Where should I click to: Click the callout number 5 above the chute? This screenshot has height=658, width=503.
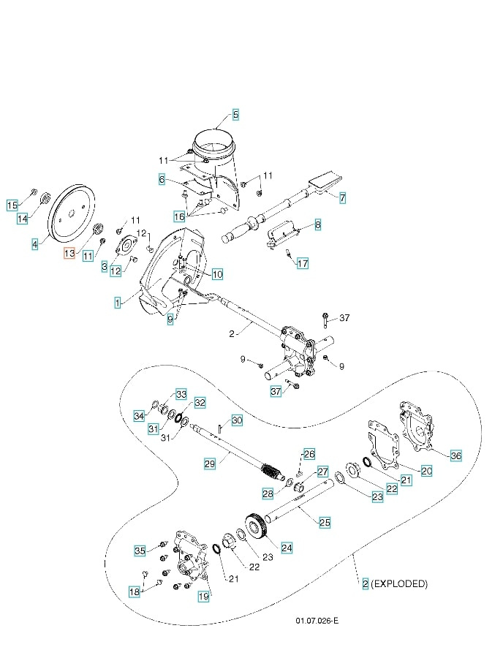pyautogui.click(x=235, y=115)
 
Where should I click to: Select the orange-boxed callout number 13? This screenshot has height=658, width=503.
pyautogui.click(x=69, y=253)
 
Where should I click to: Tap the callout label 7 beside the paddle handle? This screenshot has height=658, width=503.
pyautogui.click(x=343, y=198)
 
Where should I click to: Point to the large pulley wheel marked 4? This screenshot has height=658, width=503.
pyautogui.click(x=72, y=211)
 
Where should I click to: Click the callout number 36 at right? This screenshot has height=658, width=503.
pyautogui.click(x=455, y=455)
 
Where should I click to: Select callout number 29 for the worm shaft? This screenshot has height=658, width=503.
pyautogui.click(x=209, y=464)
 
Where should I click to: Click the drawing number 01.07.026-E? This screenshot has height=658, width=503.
pyautogui.click(x=317, y=620)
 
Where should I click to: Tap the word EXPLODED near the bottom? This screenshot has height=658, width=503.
pyautogui.click(x=400, y=584)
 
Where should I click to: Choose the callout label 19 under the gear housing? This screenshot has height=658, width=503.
pyautogui.click(x=203, y=597)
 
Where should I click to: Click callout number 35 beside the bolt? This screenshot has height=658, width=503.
pyautogui.click(x=140, y=550)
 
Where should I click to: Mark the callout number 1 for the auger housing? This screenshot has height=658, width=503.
pyautogui.click(x=117, y=302)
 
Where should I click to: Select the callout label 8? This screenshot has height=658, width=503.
pyautogui.click(x=317, y=225)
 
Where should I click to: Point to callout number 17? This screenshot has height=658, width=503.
pyautogui.click(x=303, y=264)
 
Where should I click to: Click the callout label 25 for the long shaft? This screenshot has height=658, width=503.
pyautogui.click(x=325, y=522)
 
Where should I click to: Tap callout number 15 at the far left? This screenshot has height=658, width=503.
pyautogui.click(x=12, y=205)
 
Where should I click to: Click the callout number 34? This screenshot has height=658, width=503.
pyautogui.click(x=139, y=416)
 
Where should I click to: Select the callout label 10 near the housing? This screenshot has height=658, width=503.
pyautogui.click(x=217, y=275)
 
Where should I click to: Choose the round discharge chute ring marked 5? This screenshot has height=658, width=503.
pyautogui.click(x=216, y=143)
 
